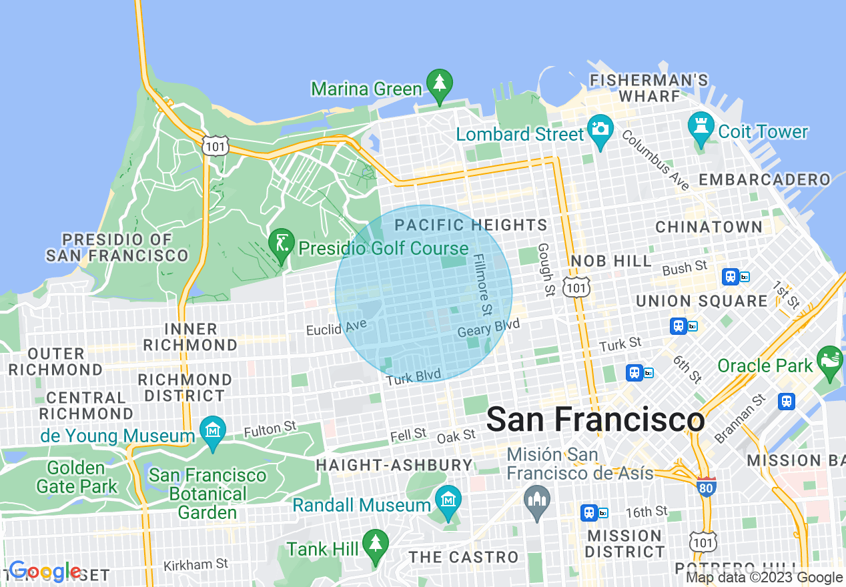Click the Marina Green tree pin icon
click(x=439, y=83)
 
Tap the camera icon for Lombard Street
click(x=600, y=127)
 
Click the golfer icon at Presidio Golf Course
click(x=281, y=241)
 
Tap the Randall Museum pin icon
click(x=448, y=499)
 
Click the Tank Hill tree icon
click(x=376, y=543)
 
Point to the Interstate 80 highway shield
click(x=706, y=486)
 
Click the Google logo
click(x=45, y=571)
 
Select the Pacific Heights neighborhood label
click(x=470, y=225)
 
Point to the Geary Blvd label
click(x=488, y=328)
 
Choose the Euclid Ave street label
click(x=336, y=328)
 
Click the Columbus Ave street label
click(x=656, y=159)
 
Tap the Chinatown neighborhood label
click(x=709, y=227)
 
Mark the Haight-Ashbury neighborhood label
click(x=394, y=465)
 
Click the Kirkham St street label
click(x=197, y=565)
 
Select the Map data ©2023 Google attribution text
click(x=764, y=578)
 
